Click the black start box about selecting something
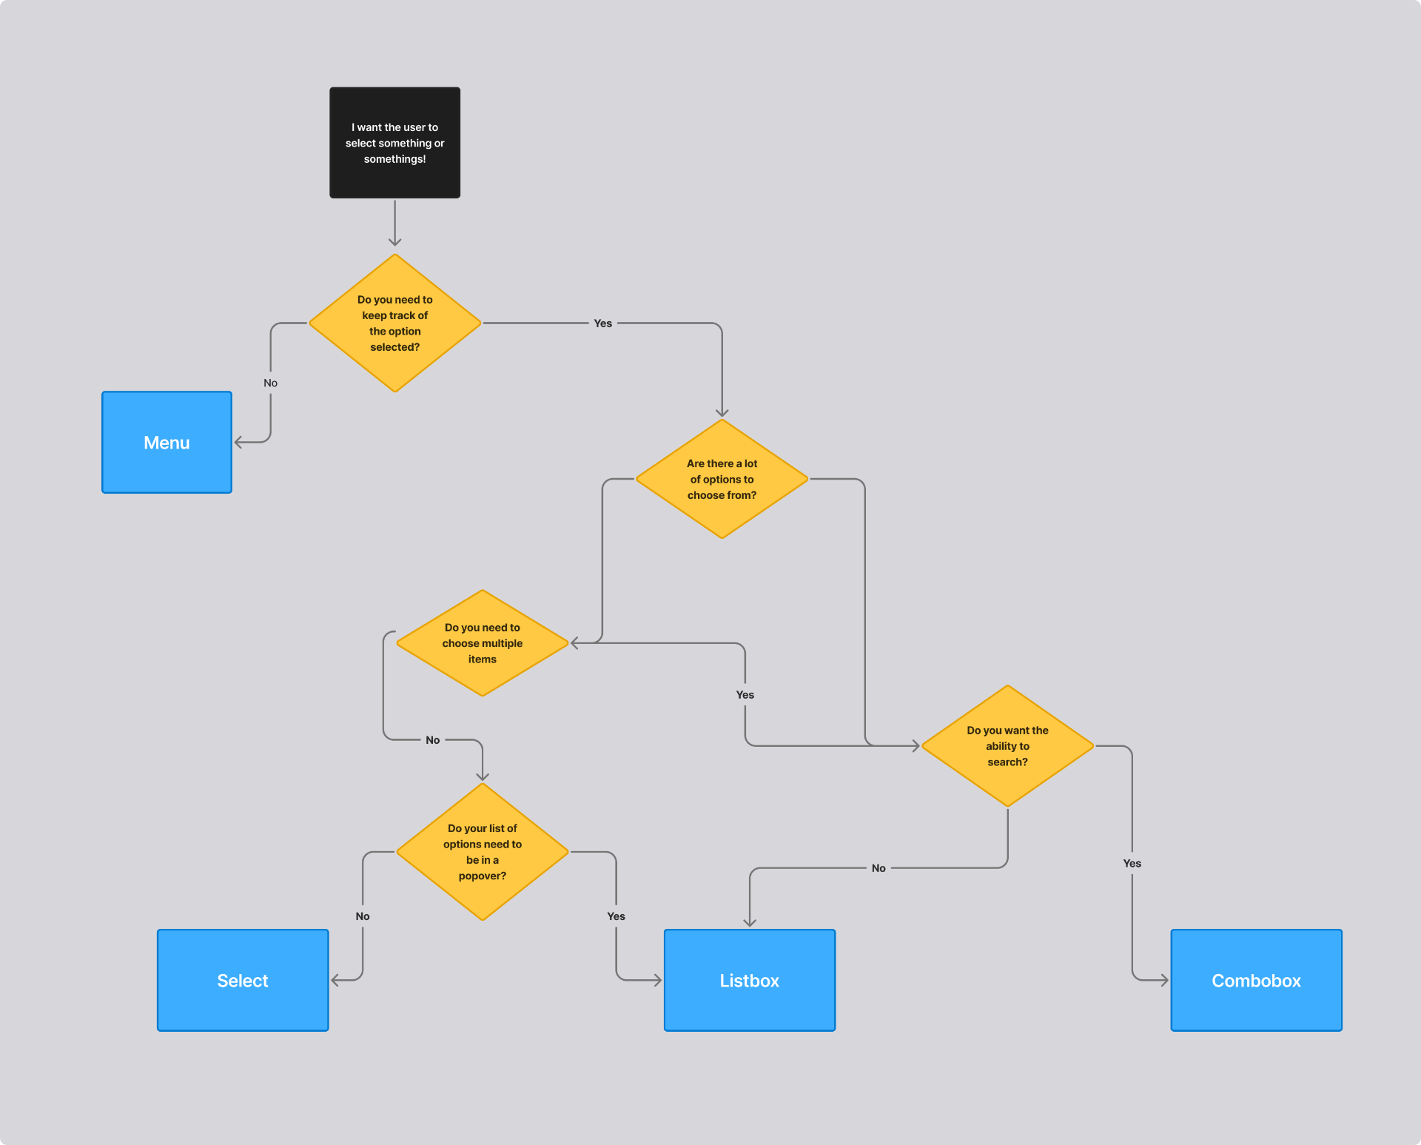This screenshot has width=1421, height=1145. coord(394,143)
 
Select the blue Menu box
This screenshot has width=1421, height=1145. coord(167,443)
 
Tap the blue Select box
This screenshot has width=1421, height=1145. coord(243,981)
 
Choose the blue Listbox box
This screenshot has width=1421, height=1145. coord(750,981)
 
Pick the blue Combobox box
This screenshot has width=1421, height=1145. coord(1256,981)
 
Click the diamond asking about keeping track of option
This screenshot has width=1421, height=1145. coord(395,323)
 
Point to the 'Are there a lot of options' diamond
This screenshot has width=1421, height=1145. coord(722,479)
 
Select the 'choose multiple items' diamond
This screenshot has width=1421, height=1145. coord(483,643)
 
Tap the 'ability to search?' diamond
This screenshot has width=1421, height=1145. coord(1007,746)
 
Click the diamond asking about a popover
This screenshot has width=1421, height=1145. coord(483,852)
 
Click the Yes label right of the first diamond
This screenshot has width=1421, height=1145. coord(603,323)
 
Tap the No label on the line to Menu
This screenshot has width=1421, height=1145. coord(271,383)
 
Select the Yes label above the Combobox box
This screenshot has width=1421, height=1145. coord(1132,863)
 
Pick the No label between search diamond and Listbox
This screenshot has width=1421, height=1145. coord(879,868)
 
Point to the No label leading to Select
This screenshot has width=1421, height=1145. coord(363,916)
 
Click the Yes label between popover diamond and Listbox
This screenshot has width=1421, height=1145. coord(617,916)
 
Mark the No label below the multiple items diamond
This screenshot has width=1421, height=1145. coord(433,740)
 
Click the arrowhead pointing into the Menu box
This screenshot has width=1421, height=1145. coord(238,443)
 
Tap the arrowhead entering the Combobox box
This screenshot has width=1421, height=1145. coord(1165,980)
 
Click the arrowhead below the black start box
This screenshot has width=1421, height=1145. coord(395,242)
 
